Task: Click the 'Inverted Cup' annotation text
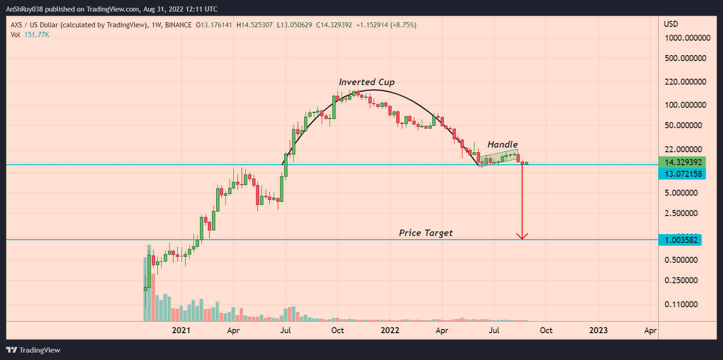tap(367, 82)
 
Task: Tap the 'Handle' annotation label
tap(502, 145)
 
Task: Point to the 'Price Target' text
tap(426, 233)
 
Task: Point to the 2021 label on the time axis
tap(181, 330)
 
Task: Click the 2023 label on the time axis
tap(598, 330)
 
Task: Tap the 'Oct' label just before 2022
tap(338, 330)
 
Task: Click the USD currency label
tap(671, 24)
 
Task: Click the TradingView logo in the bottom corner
tap(33, 350)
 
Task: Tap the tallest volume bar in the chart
tap(149, 283)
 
